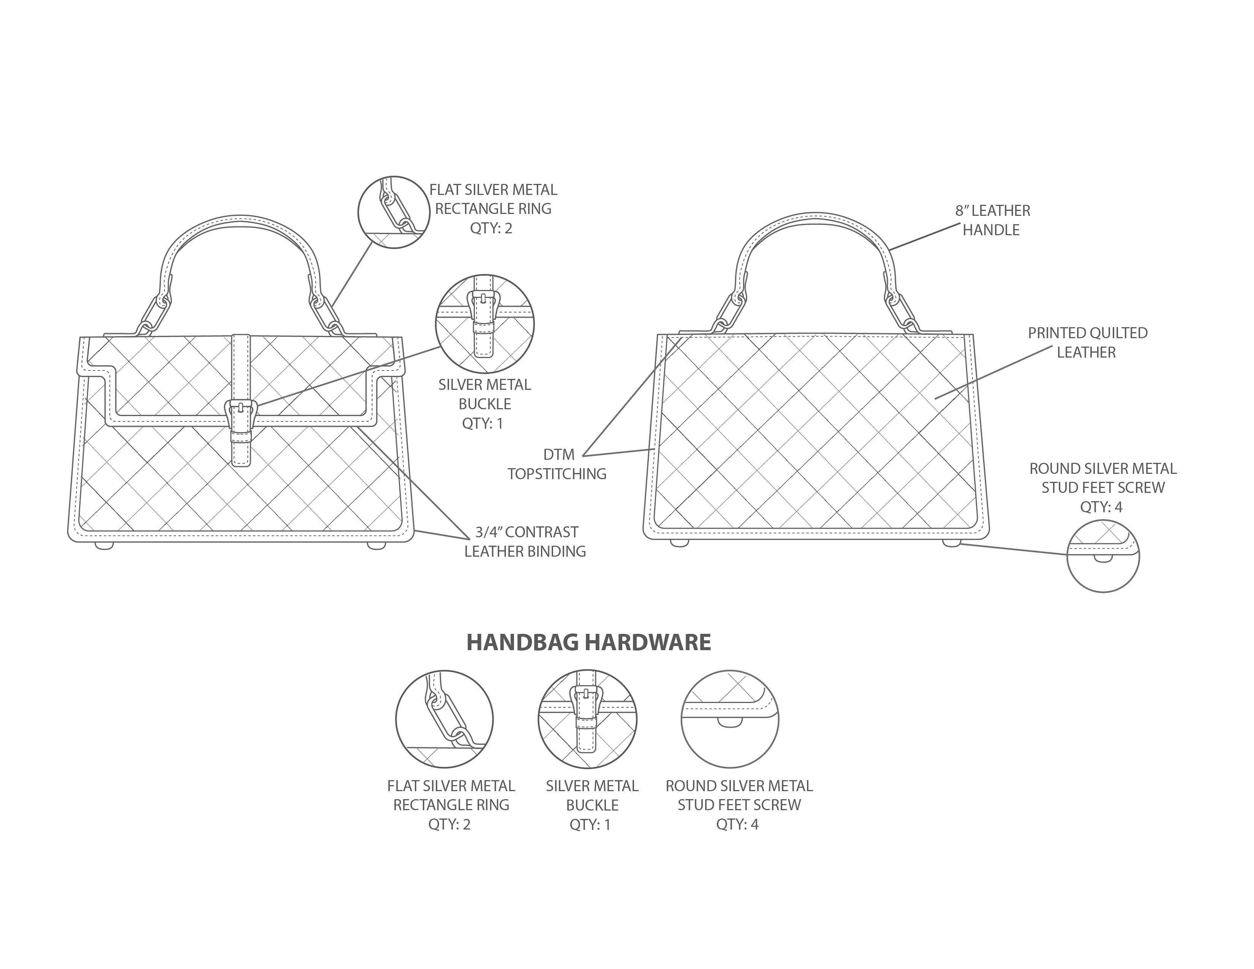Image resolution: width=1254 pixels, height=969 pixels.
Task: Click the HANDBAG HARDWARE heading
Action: (588, 643)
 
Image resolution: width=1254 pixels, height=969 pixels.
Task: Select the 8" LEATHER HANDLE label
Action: (992, 220)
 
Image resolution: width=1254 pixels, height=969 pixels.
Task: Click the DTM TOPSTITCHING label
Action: (557, 464)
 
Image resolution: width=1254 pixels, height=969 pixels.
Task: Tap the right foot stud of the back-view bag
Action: (951, 542)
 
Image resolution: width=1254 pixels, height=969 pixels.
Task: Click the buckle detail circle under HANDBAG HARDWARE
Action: (587, 719)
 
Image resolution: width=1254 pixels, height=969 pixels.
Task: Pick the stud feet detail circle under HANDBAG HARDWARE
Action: (730, 719)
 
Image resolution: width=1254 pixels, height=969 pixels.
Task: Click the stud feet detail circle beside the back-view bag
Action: (1102, 556)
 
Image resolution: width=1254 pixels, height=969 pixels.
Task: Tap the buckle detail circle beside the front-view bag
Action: (485, 324)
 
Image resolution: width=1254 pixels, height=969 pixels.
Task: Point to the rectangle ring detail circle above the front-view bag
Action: (394, 212)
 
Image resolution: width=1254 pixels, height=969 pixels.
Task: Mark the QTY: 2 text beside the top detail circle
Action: (491, 228)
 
